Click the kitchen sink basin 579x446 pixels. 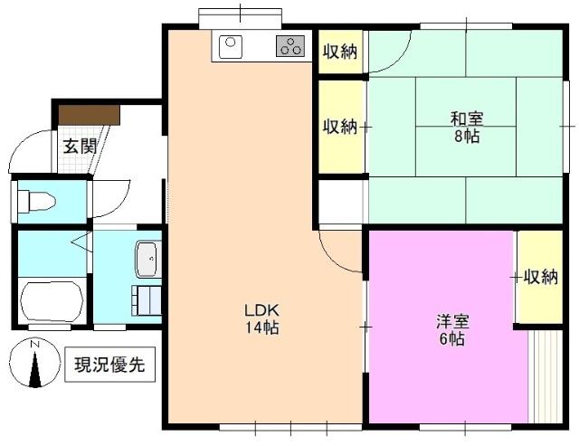tap(231, 46)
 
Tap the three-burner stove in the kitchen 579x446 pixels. tap(290, 46)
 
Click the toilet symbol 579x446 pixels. tap(36, 202)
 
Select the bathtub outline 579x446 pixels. tap(52, 301)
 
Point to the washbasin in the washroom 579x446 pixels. tap(148, 259)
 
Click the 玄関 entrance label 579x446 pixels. tap(81, 147)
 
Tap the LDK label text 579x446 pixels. tap(261, 310)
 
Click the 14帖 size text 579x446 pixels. tap(262, 327)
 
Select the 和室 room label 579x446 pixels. tap(467, 119)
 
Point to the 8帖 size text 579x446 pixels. tap(467, 137)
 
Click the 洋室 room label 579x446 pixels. tap(452, 321)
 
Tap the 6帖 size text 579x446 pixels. tap(452, 338)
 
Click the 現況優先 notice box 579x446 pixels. tap(109, 365)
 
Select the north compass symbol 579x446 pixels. tap(34, 363)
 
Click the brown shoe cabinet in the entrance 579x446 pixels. tap(90, 115)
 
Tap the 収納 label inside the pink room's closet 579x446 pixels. tap(541, 277)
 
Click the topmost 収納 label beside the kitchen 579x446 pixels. tap(340, 52)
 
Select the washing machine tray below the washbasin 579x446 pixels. tap(147, 300)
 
